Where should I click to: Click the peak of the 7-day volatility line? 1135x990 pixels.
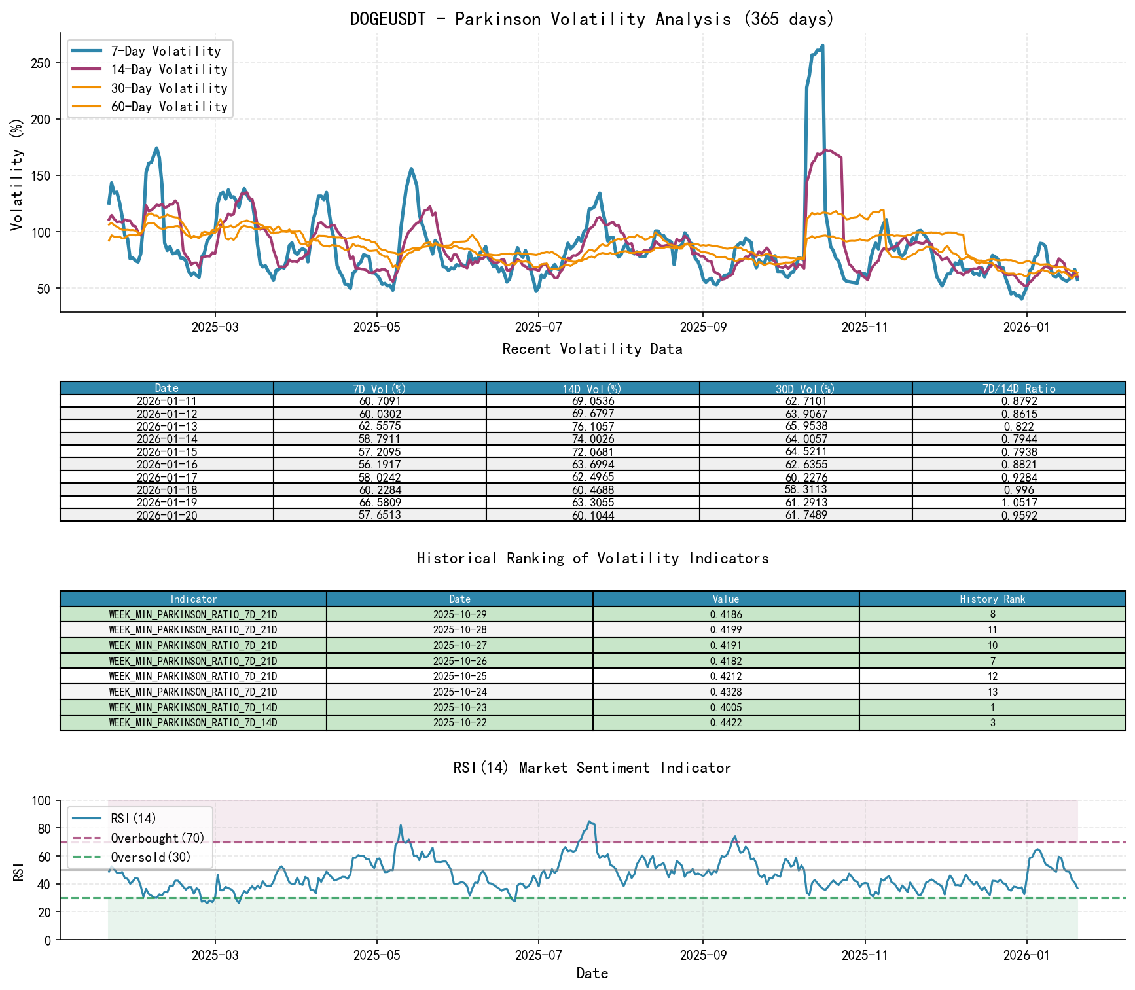coord(822,46)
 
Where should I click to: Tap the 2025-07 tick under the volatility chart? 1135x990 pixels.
coord(538,327)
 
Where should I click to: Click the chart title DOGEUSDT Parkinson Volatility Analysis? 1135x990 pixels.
coord(592,19)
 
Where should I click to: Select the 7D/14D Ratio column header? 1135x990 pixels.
coord(1018,388)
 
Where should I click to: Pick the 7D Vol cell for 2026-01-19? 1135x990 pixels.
coord(380,503)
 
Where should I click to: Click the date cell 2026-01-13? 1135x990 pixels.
coord(167,427)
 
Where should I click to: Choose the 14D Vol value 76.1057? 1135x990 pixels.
coord(592,427)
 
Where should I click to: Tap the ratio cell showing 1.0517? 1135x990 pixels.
coord(1018,503)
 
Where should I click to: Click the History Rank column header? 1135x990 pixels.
coord(992,599)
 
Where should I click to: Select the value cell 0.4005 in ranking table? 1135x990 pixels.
coord(726,707)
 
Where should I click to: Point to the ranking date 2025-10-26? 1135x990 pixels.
coord(459,661)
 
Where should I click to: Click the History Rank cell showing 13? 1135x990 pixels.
coord(992,692)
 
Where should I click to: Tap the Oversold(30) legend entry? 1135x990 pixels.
coord(151,857)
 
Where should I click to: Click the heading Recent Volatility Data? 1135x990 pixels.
coord(592,349)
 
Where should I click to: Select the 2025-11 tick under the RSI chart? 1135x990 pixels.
coord(865,955)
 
